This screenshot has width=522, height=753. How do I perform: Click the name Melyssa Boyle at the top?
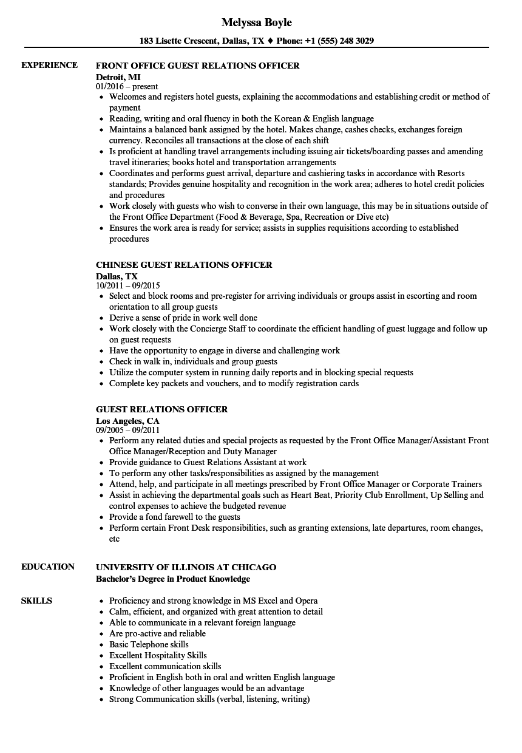(x=256, y=22)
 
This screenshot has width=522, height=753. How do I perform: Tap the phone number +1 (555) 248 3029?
(x=341, y=41)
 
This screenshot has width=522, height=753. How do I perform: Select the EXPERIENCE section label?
(x=49, y=65)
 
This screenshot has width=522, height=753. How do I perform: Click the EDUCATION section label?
(x=47, y=567)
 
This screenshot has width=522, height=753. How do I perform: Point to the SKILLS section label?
(x=36, y=601)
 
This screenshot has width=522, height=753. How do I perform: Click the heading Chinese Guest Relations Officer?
(x=184, y=265)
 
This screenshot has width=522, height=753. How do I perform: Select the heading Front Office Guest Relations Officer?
(x=197, y=66)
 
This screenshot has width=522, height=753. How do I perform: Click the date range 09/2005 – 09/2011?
(x=127, y=430)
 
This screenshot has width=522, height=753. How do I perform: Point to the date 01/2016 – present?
(x=127, y=86)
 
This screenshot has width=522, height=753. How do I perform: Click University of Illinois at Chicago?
(x=186, y=567)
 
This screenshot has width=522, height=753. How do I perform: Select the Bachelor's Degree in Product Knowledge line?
(x=173, y=578)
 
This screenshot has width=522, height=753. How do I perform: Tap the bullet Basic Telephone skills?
(x=149, y=644)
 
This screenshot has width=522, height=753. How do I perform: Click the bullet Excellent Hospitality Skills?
(x=158, y=655)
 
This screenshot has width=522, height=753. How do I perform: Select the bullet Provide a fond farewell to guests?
(x=174, y=517)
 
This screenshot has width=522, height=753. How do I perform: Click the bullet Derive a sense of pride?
(x=183, y=318)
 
